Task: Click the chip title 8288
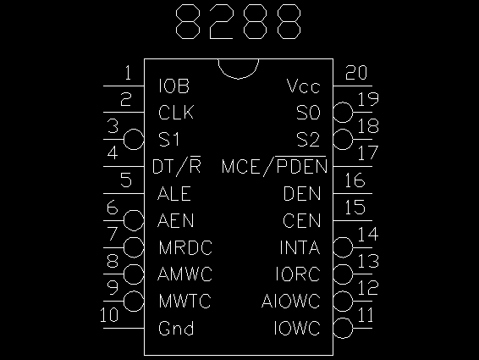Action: point(239,21)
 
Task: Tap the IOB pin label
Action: point(174,86)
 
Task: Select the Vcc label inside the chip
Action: point(303,86)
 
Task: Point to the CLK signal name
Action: point(176,113)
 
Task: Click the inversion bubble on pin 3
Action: point(134,139)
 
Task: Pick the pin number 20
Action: point(356,73)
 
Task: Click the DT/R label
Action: point(177,167)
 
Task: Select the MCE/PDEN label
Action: point(274,166)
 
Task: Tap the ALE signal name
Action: point(174,194)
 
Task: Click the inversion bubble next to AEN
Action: point(134,220)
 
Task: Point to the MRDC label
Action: point(185,247)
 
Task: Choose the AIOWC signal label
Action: point(291,302)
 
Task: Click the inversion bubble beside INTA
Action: point(343,247)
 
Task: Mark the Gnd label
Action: point(176,329)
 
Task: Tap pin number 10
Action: point(109,315)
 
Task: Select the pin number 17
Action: point(368,153)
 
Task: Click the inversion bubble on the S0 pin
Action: point(343,113)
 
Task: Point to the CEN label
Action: point(302,220)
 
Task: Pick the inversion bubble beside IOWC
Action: point(343,328)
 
